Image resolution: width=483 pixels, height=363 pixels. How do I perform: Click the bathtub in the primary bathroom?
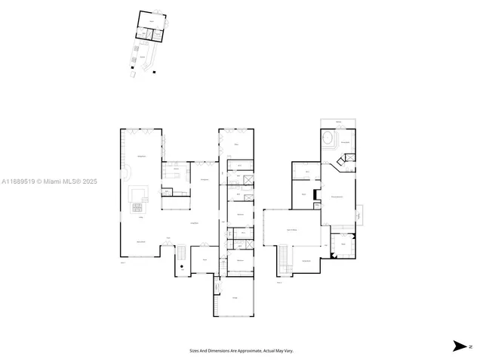pos(330,141)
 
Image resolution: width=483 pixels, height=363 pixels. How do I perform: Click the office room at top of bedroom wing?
pos(238,144)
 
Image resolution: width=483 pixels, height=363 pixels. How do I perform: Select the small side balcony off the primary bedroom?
pos(360,215)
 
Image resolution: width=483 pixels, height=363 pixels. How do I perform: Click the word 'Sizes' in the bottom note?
pos(194,351)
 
